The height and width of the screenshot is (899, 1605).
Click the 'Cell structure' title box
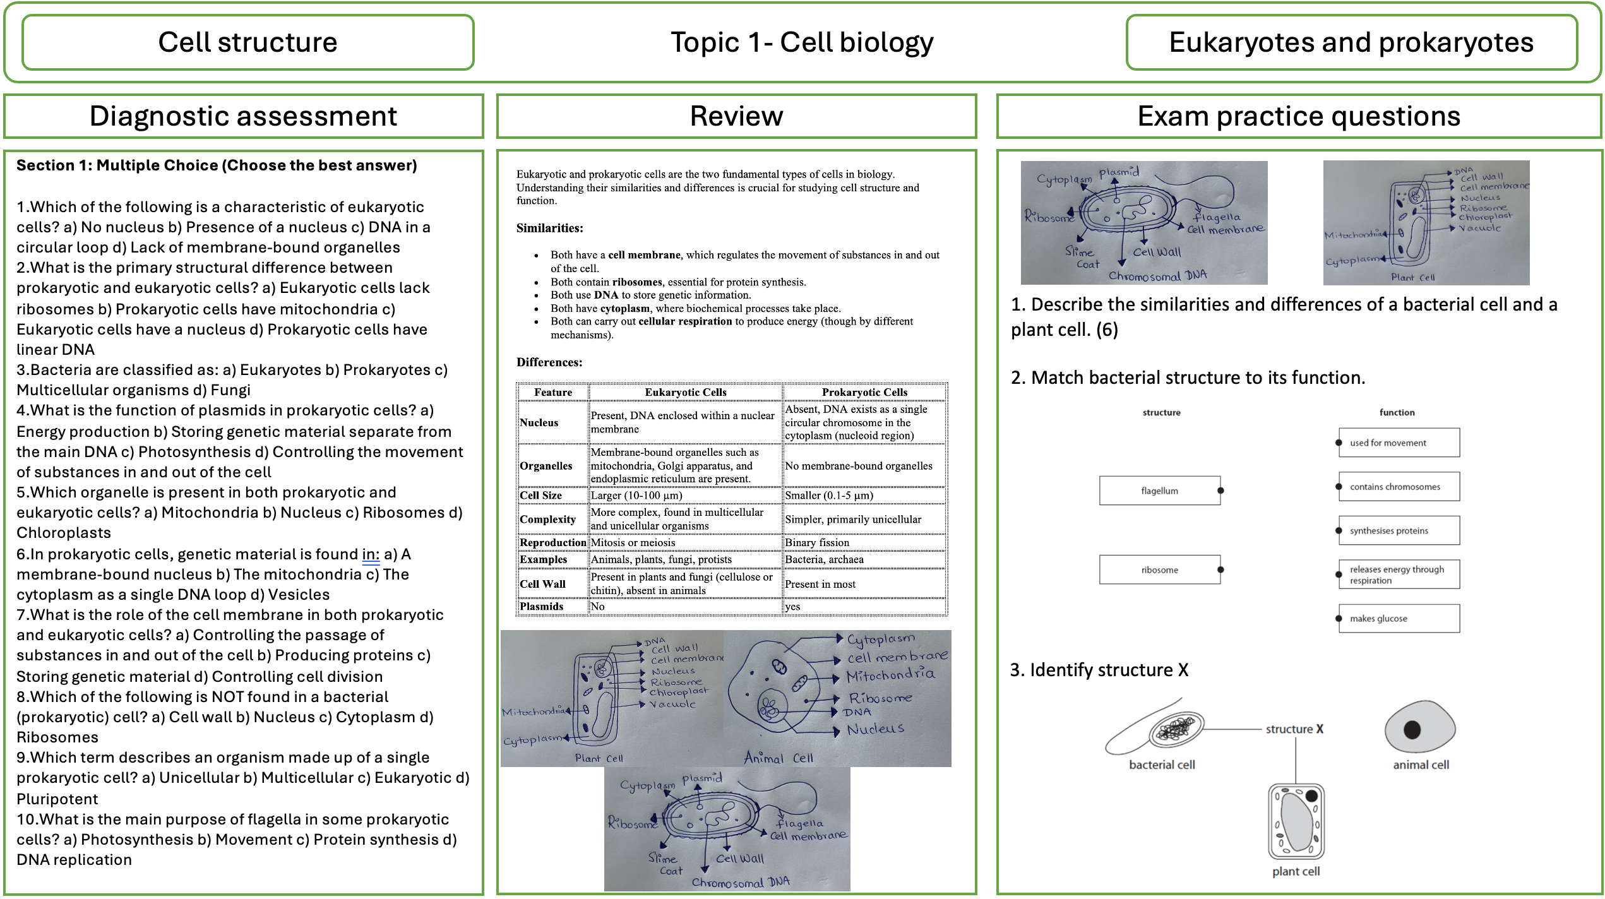248,43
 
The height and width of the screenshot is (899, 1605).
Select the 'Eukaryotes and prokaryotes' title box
1351,43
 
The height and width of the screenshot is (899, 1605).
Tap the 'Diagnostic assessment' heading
243,116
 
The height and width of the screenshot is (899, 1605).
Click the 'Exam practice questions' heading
1298,116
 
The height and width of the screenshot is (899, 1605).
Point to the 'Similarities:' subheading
549,228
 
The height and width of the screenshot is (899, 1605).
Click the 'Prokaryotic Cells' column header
864,392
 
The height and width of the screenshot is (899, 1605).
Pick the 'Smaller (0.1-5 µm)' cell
828,496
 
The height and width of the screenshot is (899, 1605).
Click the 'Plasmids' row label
541,607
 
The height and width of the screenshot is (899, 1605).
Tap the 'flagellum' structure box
1159,491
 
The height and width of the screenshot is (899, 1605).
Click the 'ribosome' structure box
1159,570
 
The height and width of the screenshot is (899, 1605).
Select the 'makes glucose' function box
1398,619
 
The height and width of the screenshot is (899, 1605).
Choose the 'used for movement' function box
1398,443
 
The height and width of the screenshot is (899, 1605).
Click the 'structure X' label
1294,729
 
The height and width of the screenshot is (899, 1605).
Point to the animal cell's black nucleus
1412,730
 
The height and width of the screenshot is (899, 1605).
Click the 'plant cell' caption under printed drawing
1296,871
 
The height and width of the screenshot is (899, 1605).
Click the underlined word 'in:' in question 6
371,554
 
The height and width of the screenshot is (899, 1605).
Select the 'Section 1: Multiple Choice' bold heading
217,165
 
